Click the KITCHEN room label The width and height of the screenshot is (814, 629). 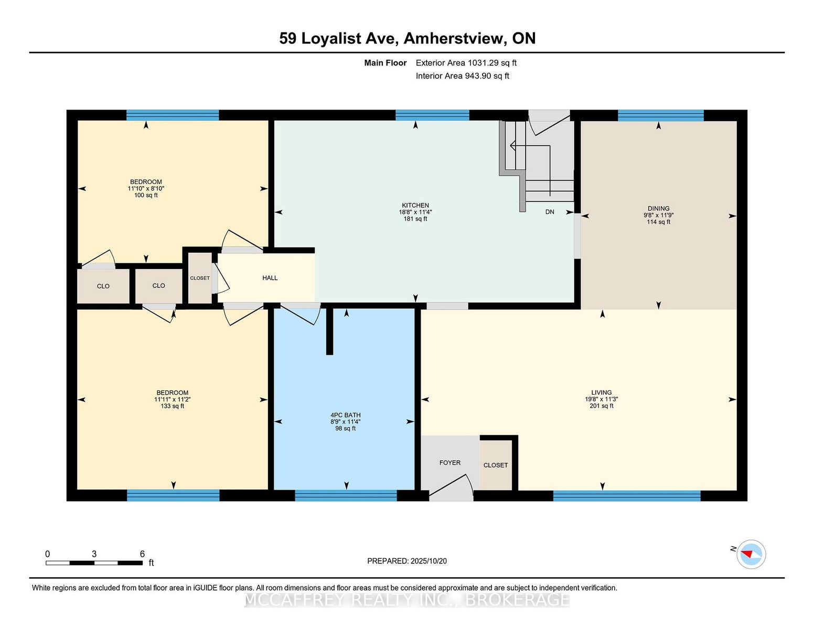(415, 205)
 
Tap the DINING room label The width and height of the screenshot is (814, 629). (658, 209)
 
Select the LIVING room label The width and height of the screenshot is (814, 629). (601, 393)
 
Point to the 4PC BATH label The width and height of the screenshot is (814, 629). (345, 415)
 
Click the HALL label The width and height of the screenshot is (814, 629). (270, 278)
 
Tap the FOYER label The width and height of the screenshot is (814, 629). (449, 463)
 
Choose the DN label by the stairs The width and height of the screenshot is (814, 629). (550, 212)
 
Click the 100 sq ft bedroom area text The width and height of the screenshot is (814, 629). (146, 196)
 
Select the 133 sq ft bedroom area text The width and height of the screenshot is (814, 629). (173, 406)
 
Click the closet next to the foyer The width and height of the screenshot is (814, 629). (496, 465)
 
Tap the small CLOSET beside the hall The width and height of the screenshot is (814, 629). (200, 278)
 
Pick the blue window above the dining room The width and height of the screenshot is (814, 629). (660, 115)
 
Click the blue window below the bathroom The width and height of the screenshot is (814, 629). (346, 495)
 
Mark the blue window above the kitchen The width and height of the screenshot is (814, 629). (432, 115)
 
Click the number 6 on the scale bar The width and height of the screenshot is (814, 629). (142, 554)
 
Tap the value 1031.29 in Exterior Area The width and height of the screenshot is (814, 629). (483, 63)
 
